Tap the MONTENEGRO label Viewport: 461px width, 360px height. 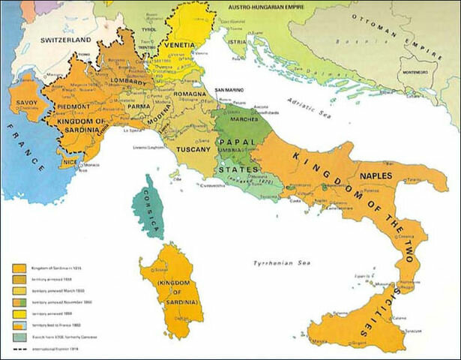pyautogui.click(x=418, y=71)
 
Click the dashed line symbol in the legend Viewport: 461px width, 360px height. pyautogui.click(x=20, y=349)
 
